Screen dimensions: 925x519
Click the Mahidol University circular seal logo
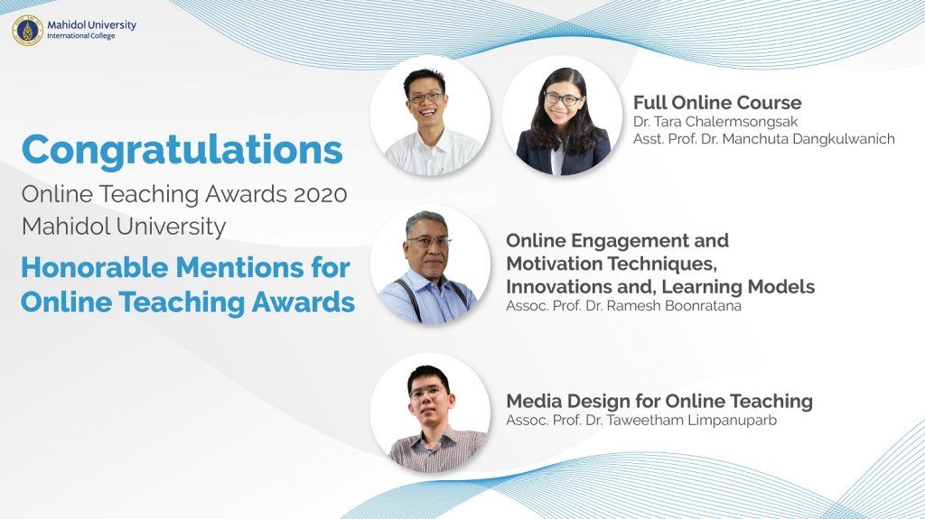coord(28,30)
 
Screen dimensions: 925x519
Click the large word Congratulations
coord(182,151)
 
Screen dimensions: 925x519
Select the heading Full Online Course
coord(717,103)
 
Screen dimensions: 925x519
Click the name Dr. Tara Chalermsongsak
coord(715,122)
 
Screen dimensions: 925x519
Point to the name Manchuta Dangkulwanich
coord(808,139)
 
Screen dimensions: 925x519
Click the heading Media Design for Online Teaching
coord(659,401)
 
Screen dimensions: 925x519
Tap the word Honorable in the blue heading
coord(94,267)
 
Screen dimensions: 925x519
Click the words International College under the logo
coord(80,36)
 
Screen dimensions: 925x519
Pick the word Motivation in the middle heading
coord(553,263)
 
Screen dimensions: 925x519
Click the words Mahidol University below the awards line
coord(124,227)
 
